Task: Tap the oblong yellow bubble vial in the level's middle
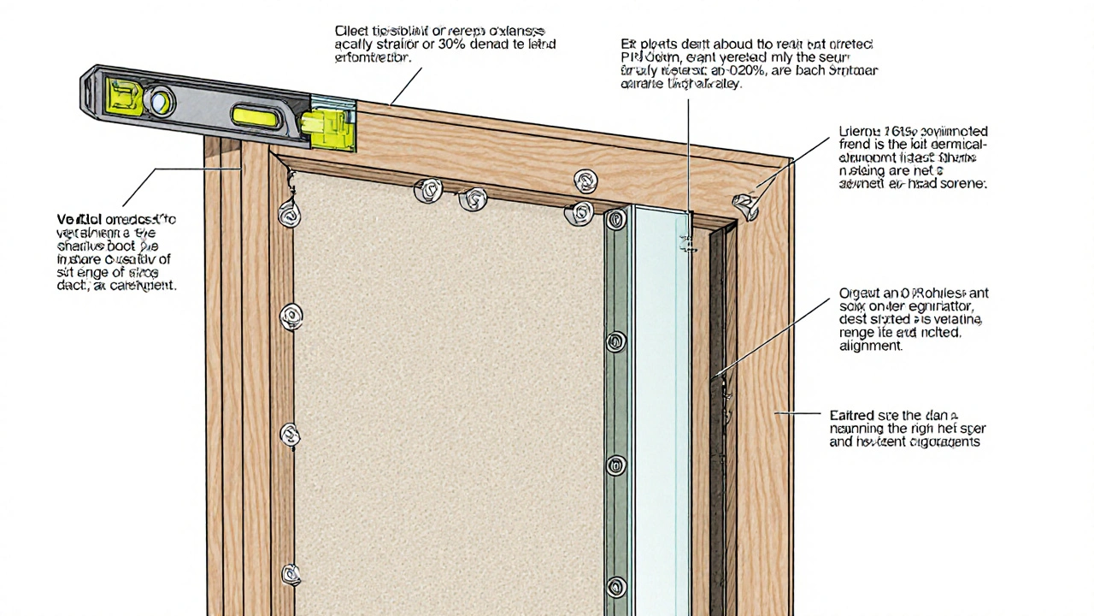point(256,116)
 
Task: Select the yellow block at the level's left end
point(122,96)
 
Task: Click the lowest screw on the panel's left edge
point(291,573)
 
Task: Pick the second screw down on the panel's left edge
point(291,317)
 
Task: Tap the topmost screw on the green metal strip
point(615,220)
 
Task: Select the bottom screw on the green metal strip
point(615,587)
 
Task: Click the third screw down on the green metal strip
point(615,465)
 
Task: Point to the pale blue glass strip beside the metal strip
point(662,411)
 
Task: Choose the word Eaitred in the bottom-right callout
point(851,414)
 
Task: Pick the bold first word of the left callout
point(75,220)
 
